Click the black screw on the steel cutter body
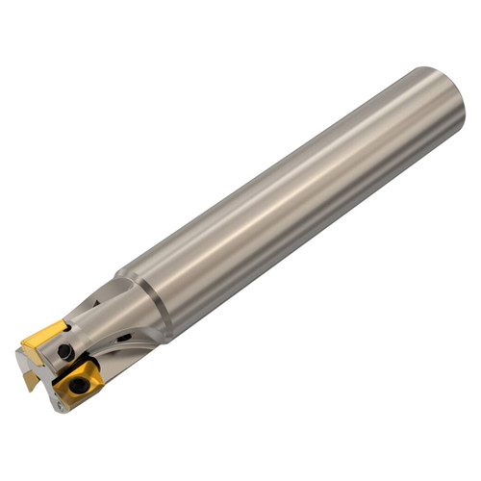pos(64,353)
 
